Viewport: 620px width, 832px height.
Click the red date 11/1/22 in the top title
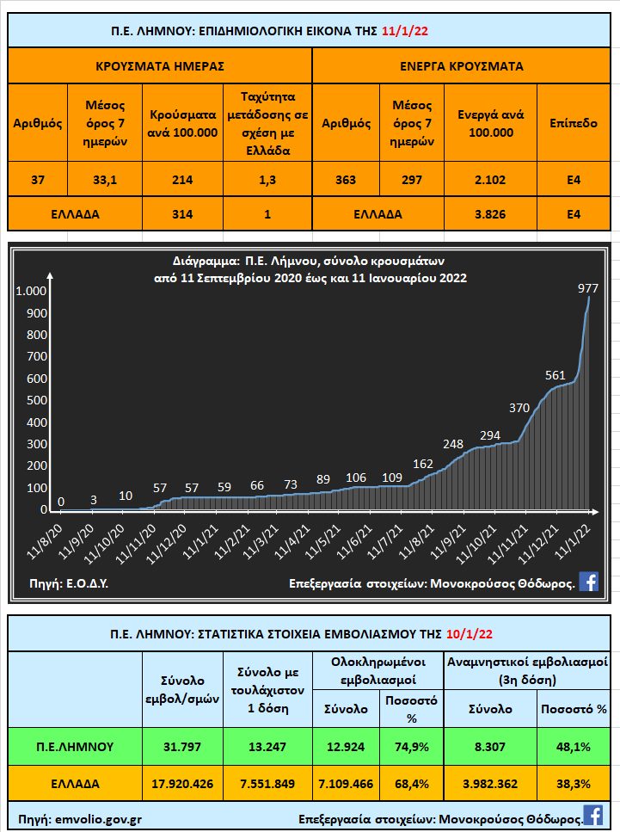pyautogui.click(x=404, y=32)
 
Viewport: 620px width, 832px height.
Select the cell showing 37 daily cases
pyautogui.click(x=37, y=180)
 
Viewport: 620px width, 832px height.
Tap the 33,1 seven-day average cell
pyautogui.click(x=106, y=180)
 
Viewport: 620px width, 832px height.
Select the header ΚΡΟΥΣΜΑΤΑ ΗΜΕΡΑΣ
pyautogui.click(x=160, y=65)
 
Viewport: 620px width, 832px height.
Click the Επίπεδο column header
pyautogui.click(x=574, y=123)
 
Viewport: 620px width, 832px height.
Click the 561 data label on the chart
pyautogui.click(x=556, y=375)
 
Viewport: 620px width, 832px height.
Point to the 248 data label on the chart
pyautogui.click(x=453, y=444)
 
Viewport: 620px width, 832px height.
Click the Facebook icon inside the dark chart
pyautogui.click(x=589, y=582)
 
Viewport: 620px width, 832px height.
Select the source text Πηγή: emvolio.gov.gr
pyautogui.click(x=75, y=815)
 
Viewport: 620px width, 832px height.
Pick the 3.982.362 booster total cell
pyautogui.click(x=490, y=784)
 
